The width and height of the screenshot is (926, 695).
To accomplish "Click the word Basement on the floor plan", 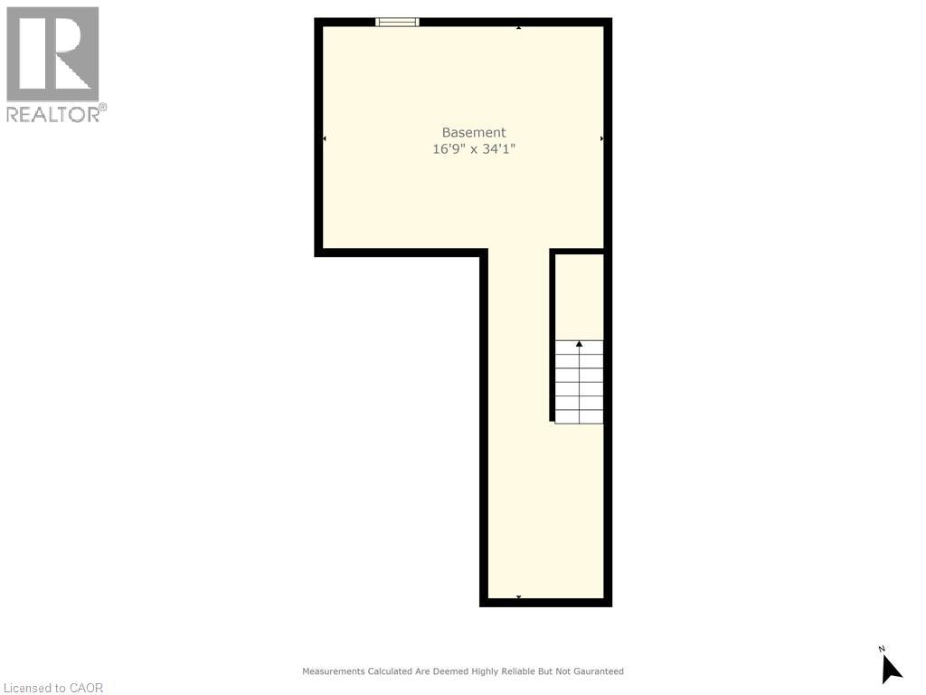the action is click(474, 132).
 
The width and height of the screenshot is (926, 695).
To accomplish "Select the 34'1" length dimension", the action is click(499, 149).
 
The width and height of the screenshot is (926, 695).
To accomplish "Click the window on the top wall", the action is click(398, 23).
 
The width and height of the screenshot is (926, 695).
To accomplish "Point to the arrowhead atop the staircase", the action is click(580, 343).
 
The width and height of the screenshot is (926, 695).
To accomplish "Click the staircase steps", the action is click(580, 382).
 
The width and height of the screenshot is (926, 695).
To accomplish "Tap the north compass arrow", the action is click(891, 671).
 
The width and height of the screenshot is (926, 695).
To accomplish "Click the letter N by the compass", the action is click(881, 649).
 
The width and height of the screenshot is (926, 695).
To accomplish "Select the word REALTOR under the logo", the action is click(52, 115).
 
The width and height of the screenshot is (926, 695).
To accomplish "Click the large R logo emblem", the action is click(52, 53).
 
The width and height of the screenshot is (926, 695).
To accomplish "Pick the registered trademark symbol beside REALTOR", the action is click(103, 107).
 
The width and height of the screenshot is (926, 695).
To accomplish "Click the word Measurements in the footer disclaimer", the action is click(334, 671).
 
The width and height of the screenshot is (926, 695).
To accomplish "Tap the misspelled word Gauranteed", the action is click(596, 671).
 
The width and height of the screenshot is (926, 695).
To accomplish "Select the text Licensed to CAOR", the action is click(53, 688).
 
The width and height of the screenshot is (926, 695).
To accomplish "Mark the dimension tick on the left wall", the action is click(325, 138).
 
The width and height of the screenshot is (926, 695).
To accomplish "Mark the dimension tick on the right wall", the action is click(601, 138).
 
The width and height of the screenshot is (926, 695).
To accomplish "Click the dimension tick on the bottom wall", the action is click(518, 597).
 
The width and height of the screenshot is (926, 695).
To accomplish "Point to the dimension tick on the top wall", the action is click(518, 28).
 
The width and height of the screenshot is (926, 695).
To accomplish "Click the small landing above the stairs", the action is click(580, 297).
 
